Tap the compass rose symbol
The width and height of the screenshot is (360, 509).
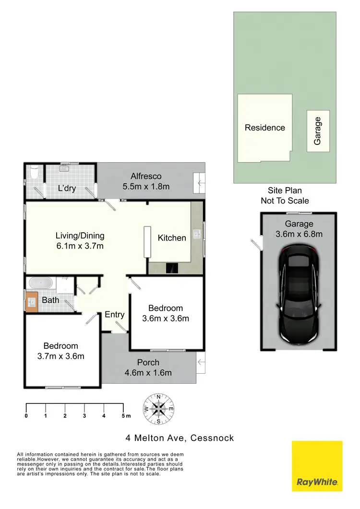click(158, 409)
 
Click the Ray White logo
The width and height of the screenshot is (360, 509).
click(317, 466)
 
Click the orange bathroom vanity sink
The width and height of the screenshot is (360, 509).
click(32, 302)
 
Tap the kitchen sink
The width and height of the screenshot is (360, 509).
click(197, 235)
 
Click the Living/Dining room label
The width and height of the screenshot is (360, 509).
click(80, 236)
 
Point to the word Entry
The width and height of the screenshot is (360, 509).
click(115, 315)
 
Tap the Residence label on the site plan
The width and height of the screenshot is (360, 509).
click(265, 128)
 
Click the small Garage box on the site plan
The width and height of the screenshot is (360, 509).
click(318, 131)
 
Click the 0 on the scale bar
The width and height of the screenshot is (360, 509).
click(26, 416)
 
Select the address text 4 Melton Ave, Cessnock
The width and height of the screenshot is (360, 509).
click(180, 438)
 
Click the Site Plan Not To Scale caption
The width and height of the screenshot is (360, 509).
click(285, 196)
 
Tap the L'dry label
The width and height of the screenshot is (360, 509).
click(67, 188)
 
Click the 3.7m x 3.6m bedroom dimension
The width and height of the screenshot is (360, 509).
click(60, 356)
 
